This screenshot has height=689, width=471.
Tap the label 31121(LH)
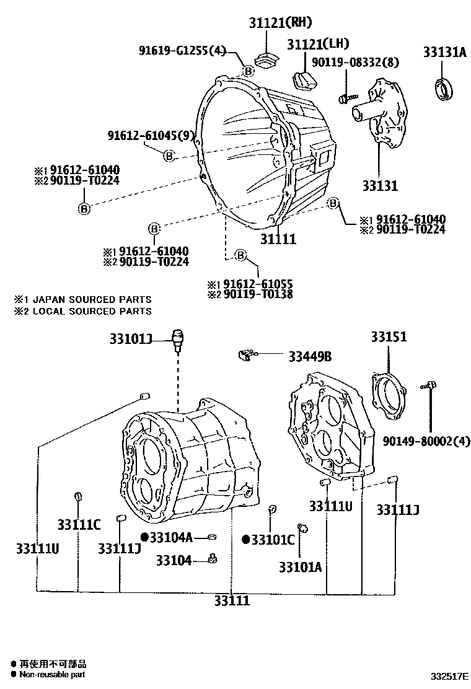pos(318,43)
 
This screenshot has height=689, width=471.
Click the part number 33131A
pos(444,53)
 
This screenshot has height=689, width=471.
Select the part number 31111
pos(278,239)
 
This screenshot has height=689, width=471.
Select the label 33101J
pos(131,339)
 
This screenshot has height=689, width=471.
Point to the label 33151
pos(389,337)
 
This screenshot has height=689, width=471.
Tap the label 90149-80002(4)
pos(418,441)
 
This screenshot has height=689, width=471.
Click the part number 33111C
pos(79,525)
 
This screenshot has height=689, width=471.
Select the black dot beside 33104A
pos(144,537)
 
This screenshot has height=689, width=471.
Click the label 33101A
pos(299,567)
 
